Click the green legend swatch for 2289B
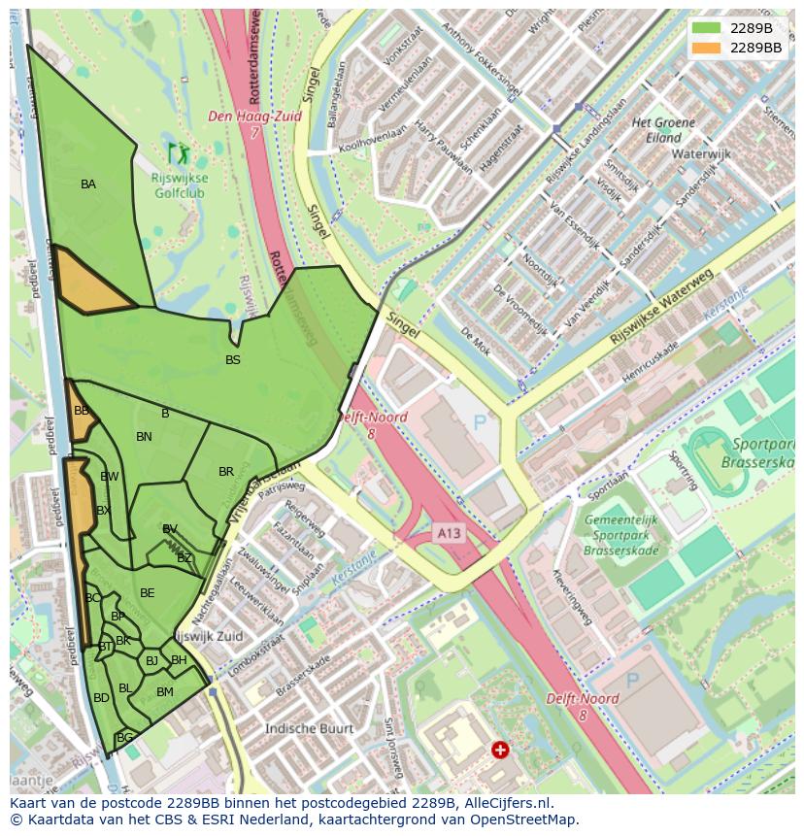(706, 28)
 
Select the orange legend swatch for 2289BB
(706, 47)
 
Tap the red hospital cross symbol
(500, 750)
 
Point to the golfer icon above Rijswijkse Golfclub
(178, 152)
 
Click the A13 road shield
(449, 533)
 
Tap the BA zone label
(88, 184)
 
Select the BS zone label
(233, 360)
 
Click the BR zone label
(226, 472)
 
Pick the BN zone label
(144, 437)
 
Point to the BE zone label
(148, 593)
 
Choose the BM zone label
(165, 692)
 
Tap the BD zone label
(101, 698)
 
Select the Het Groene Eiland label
(663, 130)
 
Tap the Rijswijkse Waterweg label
(661, 307)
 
